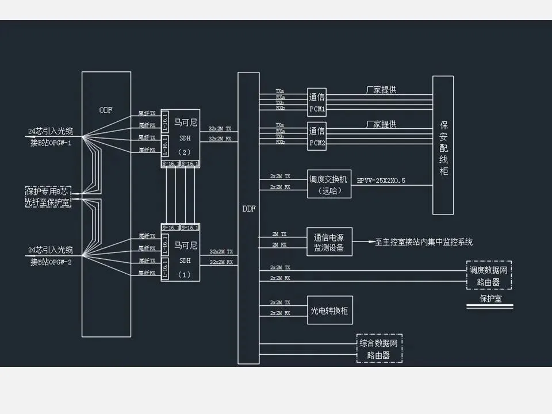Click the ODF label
[106, 110]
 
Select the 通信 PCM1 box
[317, 103]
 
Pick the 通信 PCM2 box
[317, 137]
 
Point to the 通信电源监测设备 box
[329, 242]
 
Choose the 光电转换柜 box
[329, 311]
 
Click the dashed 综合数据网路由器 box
[379, 348]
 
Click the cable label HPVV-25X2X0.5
[381, 181]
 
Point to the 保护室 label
[490, 299]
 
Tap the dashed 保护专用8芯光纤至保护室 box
[47, 196]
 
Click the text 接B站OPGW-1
[51, 143]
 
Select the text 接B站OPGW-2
[51, 262]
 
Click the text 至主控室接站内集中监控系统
[424, 242]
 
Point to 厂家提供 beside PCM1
[381, 90]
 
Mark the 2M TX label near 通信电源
[281, 235]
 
